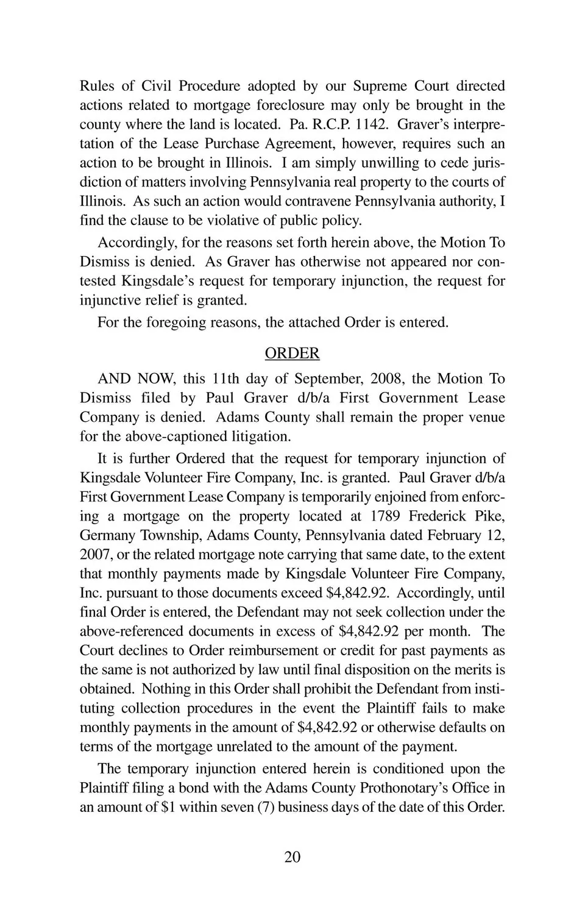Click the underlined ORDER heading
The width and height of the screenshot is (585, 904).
(292, 354)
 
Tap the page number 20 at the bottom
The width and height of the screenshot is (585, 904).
(292, 857)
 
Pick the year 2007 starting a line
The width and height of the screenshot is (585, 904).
(96, 555)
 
